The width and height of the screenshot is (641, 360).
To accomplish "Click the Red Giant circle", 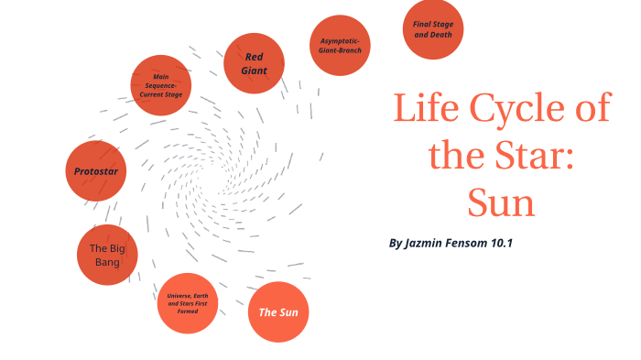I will pos(254,63).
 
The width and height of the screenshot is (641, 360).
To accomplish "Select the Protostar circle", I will pos(95,171).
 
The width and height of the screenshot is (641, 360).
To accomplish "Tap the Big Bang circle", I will pos(108,255).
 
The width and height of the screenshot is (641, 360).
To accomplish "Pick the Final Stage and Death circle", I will pos(433,29).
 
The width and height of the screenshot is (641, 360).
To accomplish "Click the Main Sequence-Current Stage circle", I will pos(161,85).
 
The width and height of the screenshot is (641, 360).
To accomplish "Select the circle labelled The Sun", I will pos(278,312).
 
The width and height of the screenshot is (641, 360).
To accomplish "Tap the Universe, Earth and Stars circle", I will pos(188,303).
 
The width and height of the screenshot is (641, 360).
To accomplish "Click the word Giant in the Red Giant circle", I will pos(254,71).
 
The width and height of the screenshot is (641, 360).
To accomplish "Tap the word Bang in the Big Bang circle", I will pos(108,263).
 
